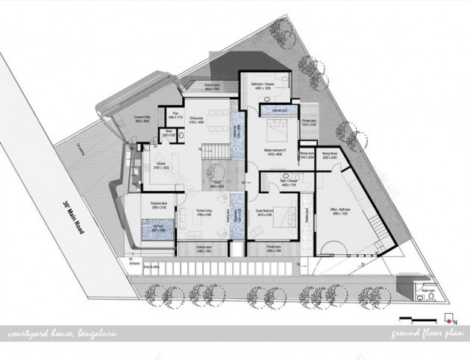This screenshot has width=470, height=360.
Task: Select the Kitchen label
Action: [x=162, y=167]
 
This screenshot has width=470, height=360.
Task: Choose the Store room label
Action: [x=169, y=135]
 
